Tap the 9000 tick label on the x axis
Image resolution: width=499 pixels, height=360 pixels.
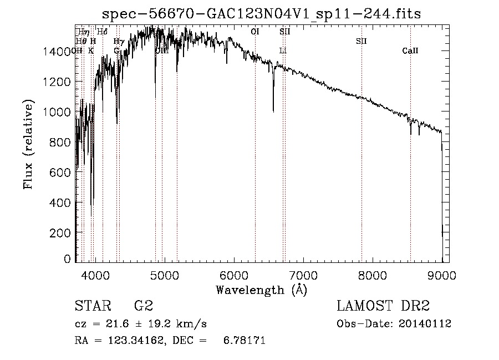click(442, 275)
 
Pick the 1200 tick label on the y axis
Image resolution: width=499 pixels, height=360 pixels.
click(59, 82)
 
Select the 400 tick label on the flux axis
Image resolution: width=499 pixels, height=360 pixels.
click(62, 202)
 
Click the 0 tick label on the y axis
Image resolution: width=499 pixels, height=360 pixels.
click(68, 258)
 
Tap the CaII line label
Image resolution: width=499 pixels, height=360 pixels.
click(410, 51)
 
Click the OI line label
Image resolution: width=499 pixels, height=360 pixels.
click(255, 32)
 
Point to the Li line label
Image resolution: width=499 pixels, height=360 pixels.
click(283, 51)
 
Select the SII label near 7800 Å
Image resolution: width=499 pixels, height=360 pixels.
click(361, 41)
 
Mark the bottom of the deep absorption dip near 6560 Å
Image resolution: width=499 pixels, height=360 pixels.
click(273, 111)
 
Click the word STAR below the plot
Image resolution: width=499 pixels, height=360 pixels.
click(92, 306)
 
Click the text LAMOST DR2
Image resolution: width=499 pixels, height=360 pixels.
click(383, 306)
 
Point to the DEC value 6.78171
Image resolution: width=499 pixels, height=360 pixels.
click(244, 341)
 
